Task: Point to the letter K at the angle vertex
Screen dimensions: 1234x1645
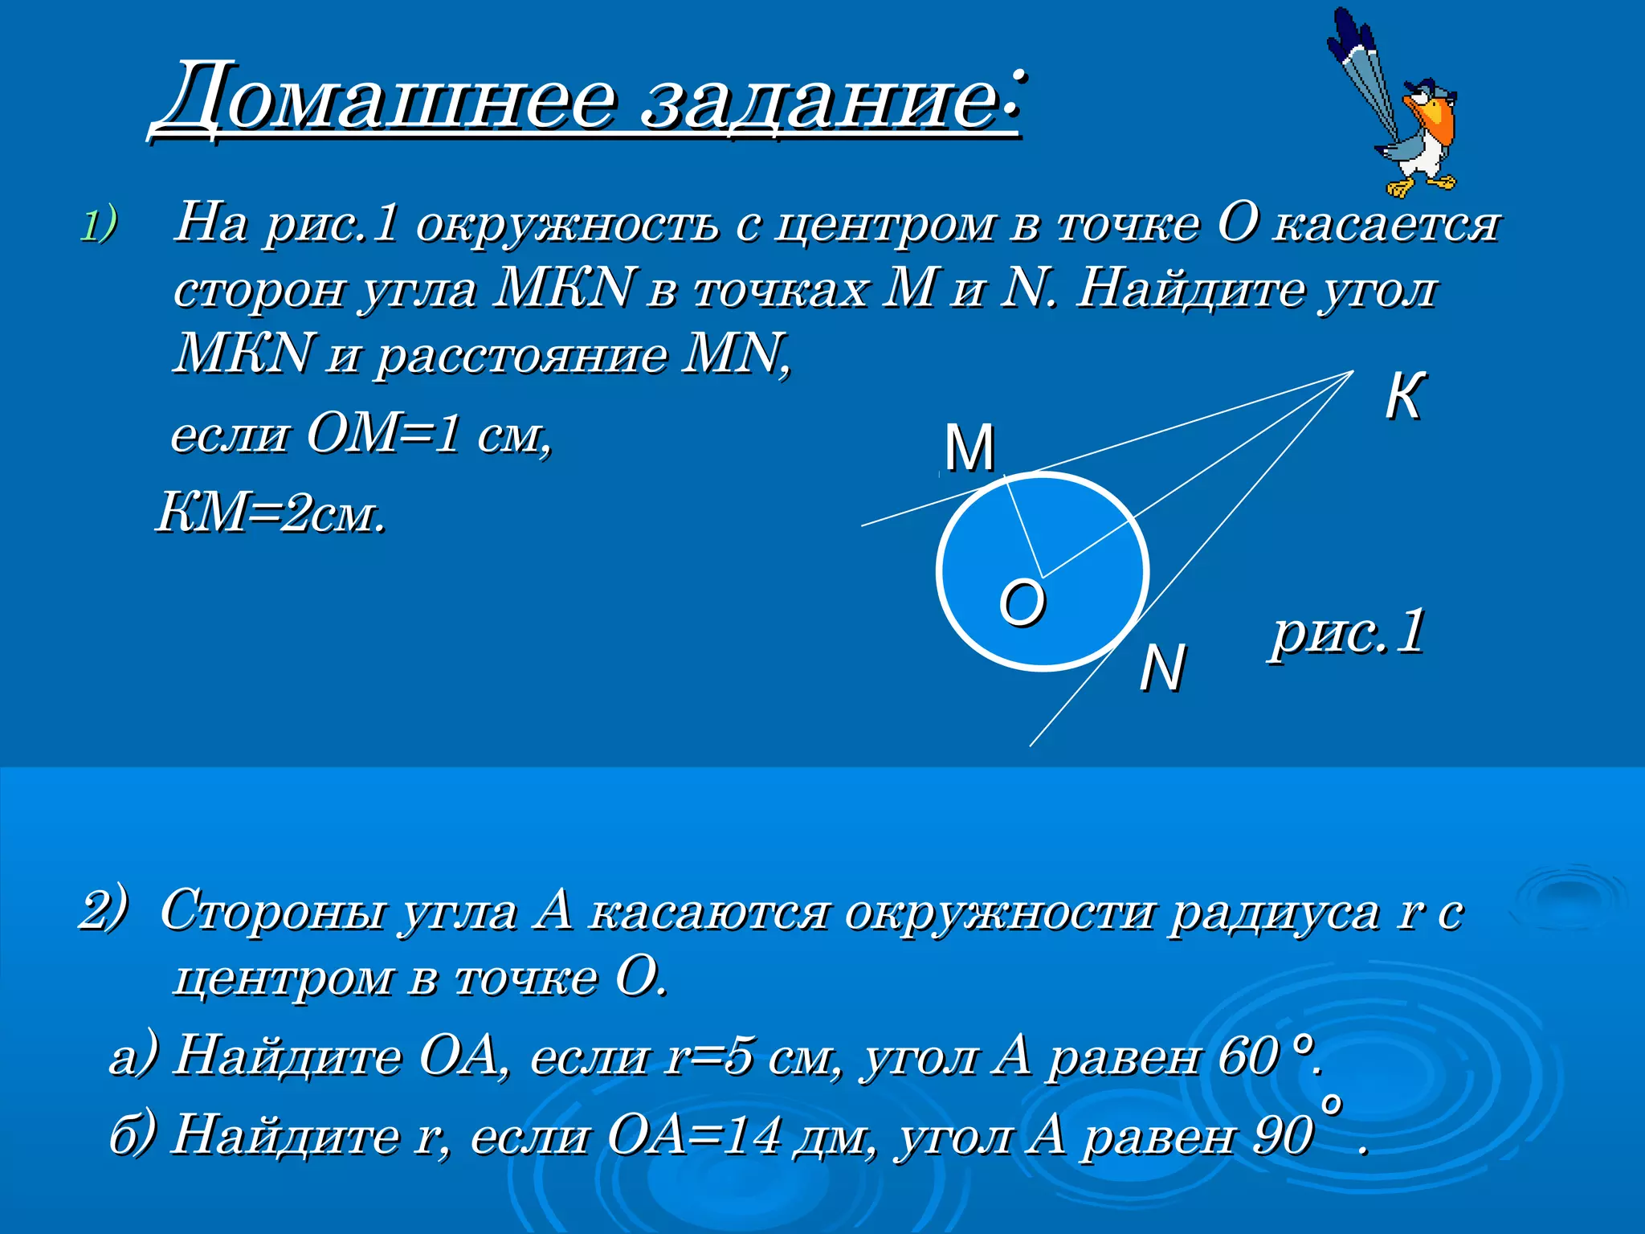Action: [x=1405, y=396]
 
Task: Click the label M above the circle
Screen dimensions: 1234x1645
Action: [x=969, y=447]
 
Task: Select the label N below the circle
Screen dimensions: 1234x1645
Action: [x=1161, y=668]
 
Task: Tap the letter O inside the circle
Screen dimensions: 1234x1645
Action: [x=1022, y=603]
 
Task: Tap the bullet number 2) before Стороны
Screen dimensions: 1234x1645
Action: [x=104, y=909]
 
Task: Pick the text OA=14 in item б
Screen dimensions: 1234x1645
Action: [x=695, y=1136]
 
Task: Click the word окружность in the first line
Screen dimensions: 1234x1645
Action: [x=567, y=224]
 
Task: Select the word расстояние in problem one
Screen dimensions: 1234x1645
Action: [x=522, y=354]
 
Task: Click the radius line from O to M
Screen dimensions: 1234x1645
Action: [x=1025, y=526]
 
